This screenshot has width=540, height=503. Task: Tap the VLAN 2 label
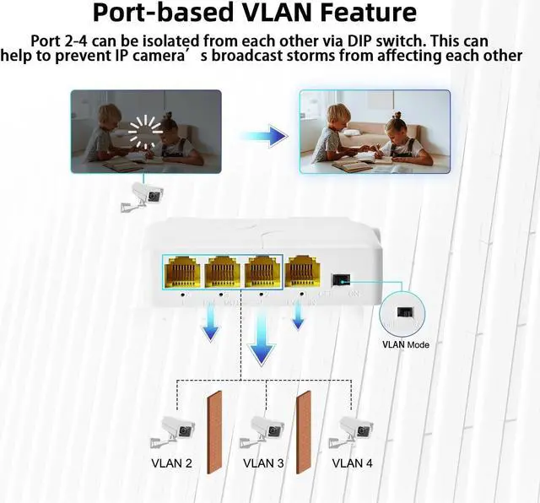coord(171,462)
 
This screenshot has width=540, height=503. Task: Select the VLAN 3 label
coord(263,462)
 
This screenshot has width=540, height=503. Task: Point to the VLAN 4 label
coord(353,462)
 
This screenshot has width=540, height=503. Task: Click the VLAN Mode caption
coord(406,344)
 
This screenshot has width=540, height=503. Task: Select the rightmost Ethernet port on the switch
coord(300,273)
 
